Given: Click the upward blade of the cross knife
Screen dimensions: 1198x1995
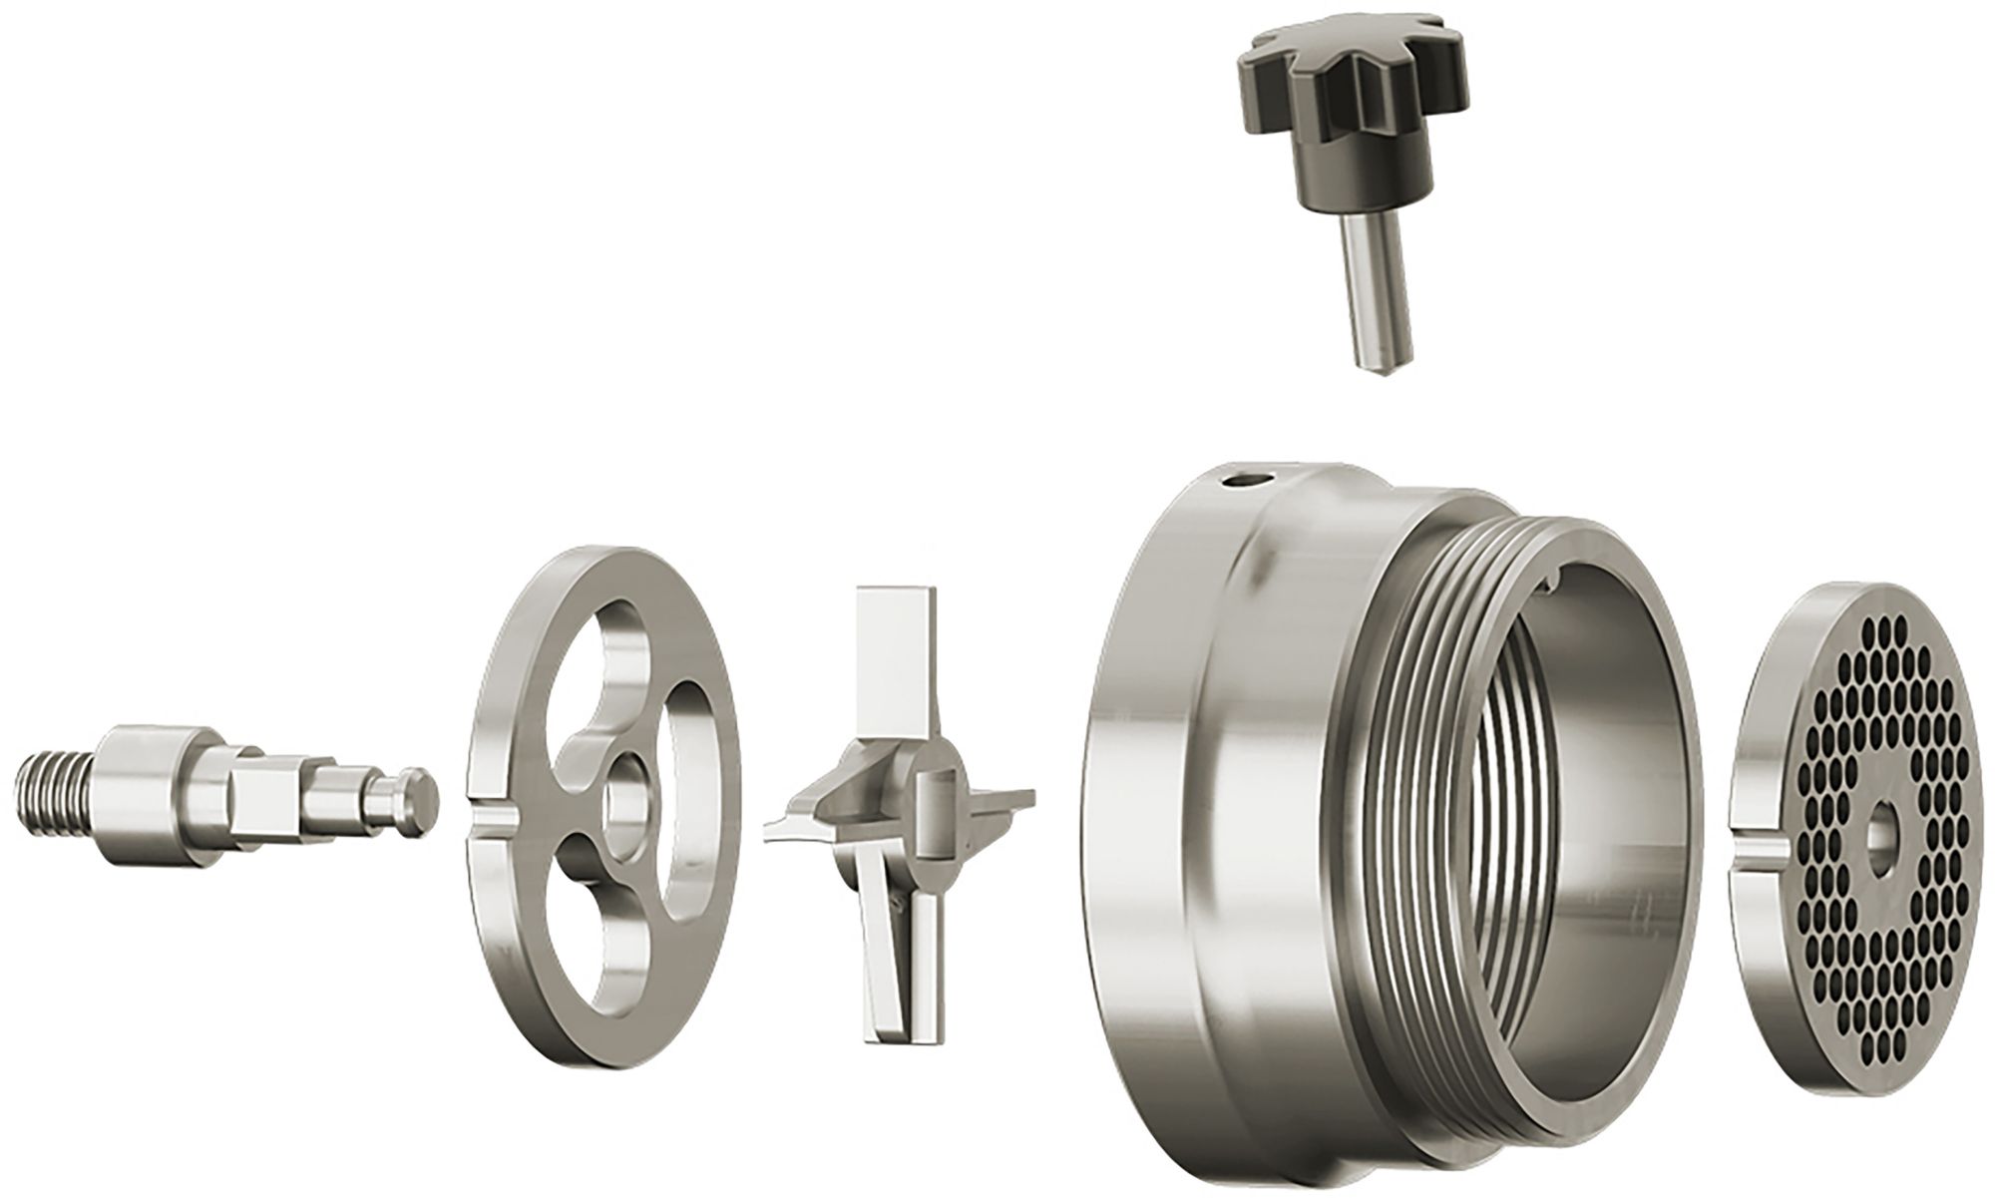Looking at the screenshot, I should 895,648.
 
